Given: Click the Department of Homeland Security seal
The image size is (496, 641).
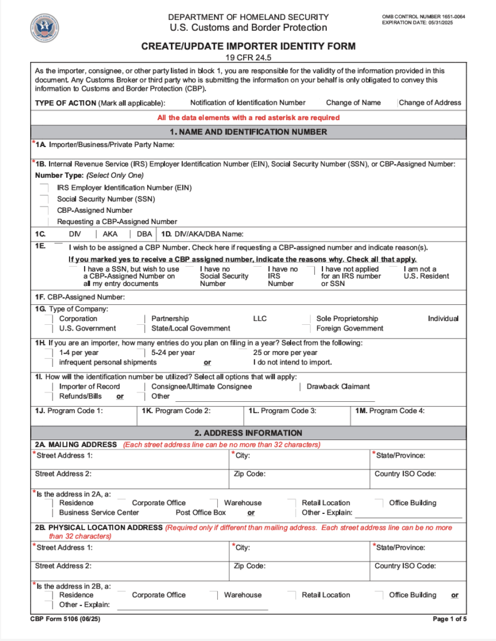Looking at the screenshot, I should tap(44, 28).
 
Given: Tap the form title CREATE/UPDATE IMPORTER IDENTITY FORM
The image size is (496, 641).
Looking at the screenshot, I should tap(248, 46).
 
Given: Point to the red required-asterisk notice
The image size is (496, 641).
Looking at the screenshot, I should tap(249, 118).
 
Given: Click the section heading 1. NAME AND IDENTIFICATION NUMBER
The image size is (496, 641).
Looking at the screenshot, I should tap(248, 132).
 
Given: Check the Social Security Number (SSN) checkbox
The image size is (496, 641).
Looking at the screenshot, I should tap(44, 199).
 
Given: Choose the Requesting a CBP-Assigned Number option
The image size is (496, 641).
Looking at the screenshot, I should tap(44, 222).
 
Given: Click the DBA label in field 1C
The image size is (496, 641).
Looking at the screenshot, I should tap(144, 233).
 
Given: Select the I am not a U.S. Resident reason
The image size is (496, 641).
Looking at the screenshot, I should tap(426, 272).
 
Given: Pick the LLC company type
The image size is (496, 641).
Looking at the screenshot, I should tap(260, 319).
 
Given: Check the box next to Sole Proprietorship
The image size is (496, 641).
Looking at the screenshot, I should tap(307, 319).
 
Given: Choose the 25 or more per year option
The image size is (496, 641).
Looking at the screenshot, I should tap(285, 352).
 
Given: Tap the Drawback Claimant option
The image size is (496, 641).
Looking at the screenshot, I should tap(338, 386).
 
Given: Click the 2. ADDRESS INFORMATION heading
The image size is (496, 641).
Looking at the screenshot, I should tap(248, 433).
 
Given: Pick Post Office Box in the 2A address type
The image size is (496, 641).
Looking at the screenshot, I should tap(200, 513).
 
